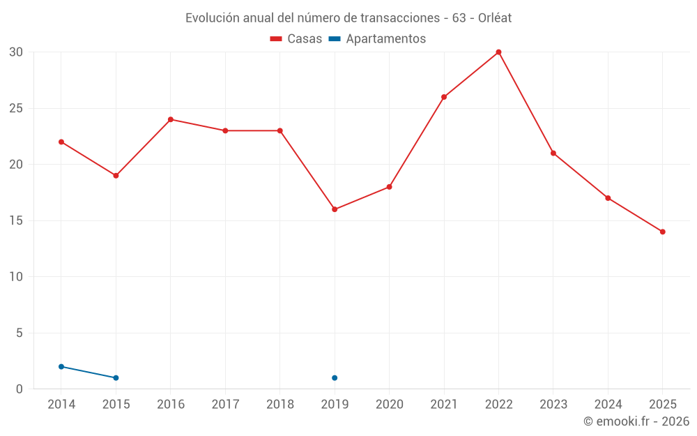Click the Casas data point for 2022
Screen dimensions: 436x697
click(498, 52)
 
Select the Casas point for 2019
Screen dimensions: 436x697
click(335, 209)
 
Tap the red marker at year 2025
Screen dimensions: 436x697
click(662, 232)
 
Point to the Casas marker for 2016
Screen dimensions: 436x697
click(170, 119)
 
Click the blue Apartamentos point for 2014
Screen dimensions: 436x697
click(61, 366)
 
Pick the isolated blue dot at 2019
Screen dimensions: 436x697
click(335, 378)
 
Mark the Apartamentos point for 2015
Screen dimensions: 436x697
click(116, 378)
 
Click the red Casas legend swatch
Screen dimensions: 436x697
click(276, 39)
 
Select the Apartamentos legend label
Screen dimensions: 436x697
click(385, 39)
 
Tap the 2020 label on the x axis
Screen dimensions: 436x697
click(389, 404)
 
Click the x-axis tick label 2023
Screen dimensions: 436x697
click(553, 404)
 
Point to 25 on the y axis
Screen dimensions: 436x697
click(17, 108)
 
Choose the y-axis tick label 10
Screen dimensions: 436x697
click(17, 277)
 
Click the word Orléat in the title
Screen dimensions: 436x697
click(493, 18)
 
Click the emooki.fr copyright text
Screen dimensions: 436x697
click(636, 421)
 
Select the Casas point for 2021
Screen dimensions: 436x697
click(444, 97)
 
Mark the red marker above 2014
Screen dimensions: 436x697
click(61, 142)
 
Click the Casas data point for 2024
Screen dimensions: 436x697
click(608, 198)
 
